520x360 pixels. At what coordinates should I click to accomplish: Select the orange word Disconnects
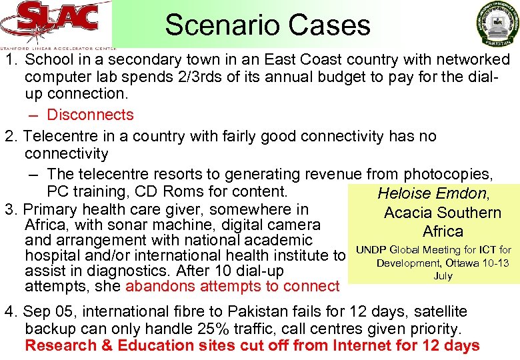(x=90, y=115)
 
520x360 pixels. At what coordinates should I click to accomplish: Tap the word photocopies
(x=448, y=174)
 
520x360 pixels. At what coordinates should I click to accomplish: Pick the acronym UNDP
(x=371, y=250)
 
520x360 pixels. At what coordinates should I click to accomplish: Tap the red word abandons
(x=155, y=286)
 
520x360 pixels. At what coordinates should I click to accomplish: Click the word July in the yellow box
(x=443, y=275)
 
